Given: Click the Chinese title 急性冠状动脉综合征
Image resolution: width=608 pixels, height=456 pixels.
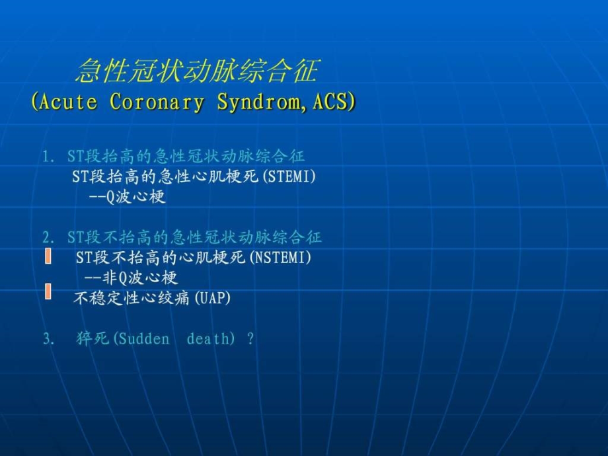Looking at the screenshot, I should (197, 71).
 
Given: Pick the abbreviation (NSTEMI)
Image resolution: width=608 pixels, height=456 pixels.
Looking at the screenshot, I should (278, 258).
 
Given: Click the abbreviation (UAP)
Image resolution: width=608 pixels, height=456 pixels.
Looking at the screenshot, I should (211, 299).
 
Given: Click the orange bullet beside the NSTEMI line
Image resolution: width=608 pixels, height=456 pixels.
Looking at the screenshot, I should (48, 256).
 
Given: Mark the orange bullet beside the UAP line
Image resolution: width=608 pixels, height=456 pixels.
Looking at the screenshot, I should (48, 291).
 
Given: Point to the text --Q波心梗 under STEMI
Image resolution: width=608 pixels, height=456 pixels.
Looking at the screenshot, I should (126, 197).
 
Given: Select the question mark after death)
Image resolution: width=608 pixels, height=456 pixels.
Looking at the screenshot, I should (250, 339).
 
